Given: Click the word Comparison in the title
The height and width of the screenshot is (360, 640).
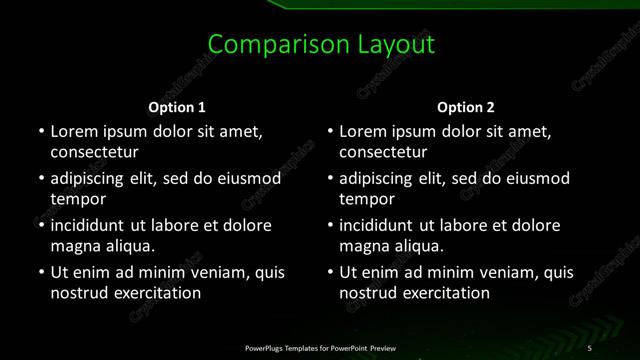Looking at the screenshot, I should [x=264, y=45].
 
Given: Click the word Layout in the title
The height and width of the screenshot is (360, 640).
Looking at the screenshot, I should [x=396, y=45].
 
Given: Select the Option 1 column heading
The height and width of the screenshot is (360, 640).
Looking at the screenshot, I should [x=177, y=107].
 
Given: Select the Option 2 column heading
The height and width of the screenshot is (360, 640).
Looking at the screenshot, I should [x=466, y=107].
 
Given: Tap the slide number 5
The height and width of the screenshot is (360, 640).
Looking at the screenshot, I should [x=590, y=347].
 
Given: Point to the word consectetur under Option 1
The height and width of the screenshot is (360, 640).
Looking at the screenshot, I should [x=94, y=153].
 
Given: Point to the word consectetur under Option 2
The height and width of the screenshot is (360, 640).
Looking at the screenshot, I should [x=383, y=153].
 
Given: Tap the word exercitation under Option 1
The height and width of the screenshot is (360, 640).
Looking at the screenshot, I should [x=156, y=293].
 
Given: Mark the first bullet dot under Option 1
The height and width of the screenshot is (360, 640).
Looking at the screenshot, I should [x=40, y=131].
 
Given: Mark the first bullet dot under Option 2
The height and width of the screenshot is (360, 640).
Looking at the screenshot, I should [x=329, y=131].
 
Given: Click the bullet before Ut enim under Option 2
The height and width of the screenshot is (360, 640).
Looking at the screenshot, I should [x=329, y=272].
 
